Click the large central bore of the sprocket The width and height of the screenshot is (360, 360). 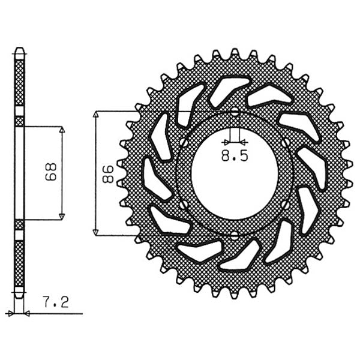[235, 174]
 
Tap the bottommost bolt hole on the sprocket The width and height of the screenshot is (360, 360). [235, 235]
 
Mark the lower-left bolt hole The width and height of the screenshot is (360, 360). [182, 205]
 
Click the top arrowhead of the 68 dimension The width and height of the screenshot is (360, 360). [61, 130]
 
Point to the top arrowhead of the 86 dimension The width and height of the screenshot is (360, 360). [97, 115]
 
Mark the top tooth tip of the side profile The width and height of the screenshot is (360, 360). [20, 49]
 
